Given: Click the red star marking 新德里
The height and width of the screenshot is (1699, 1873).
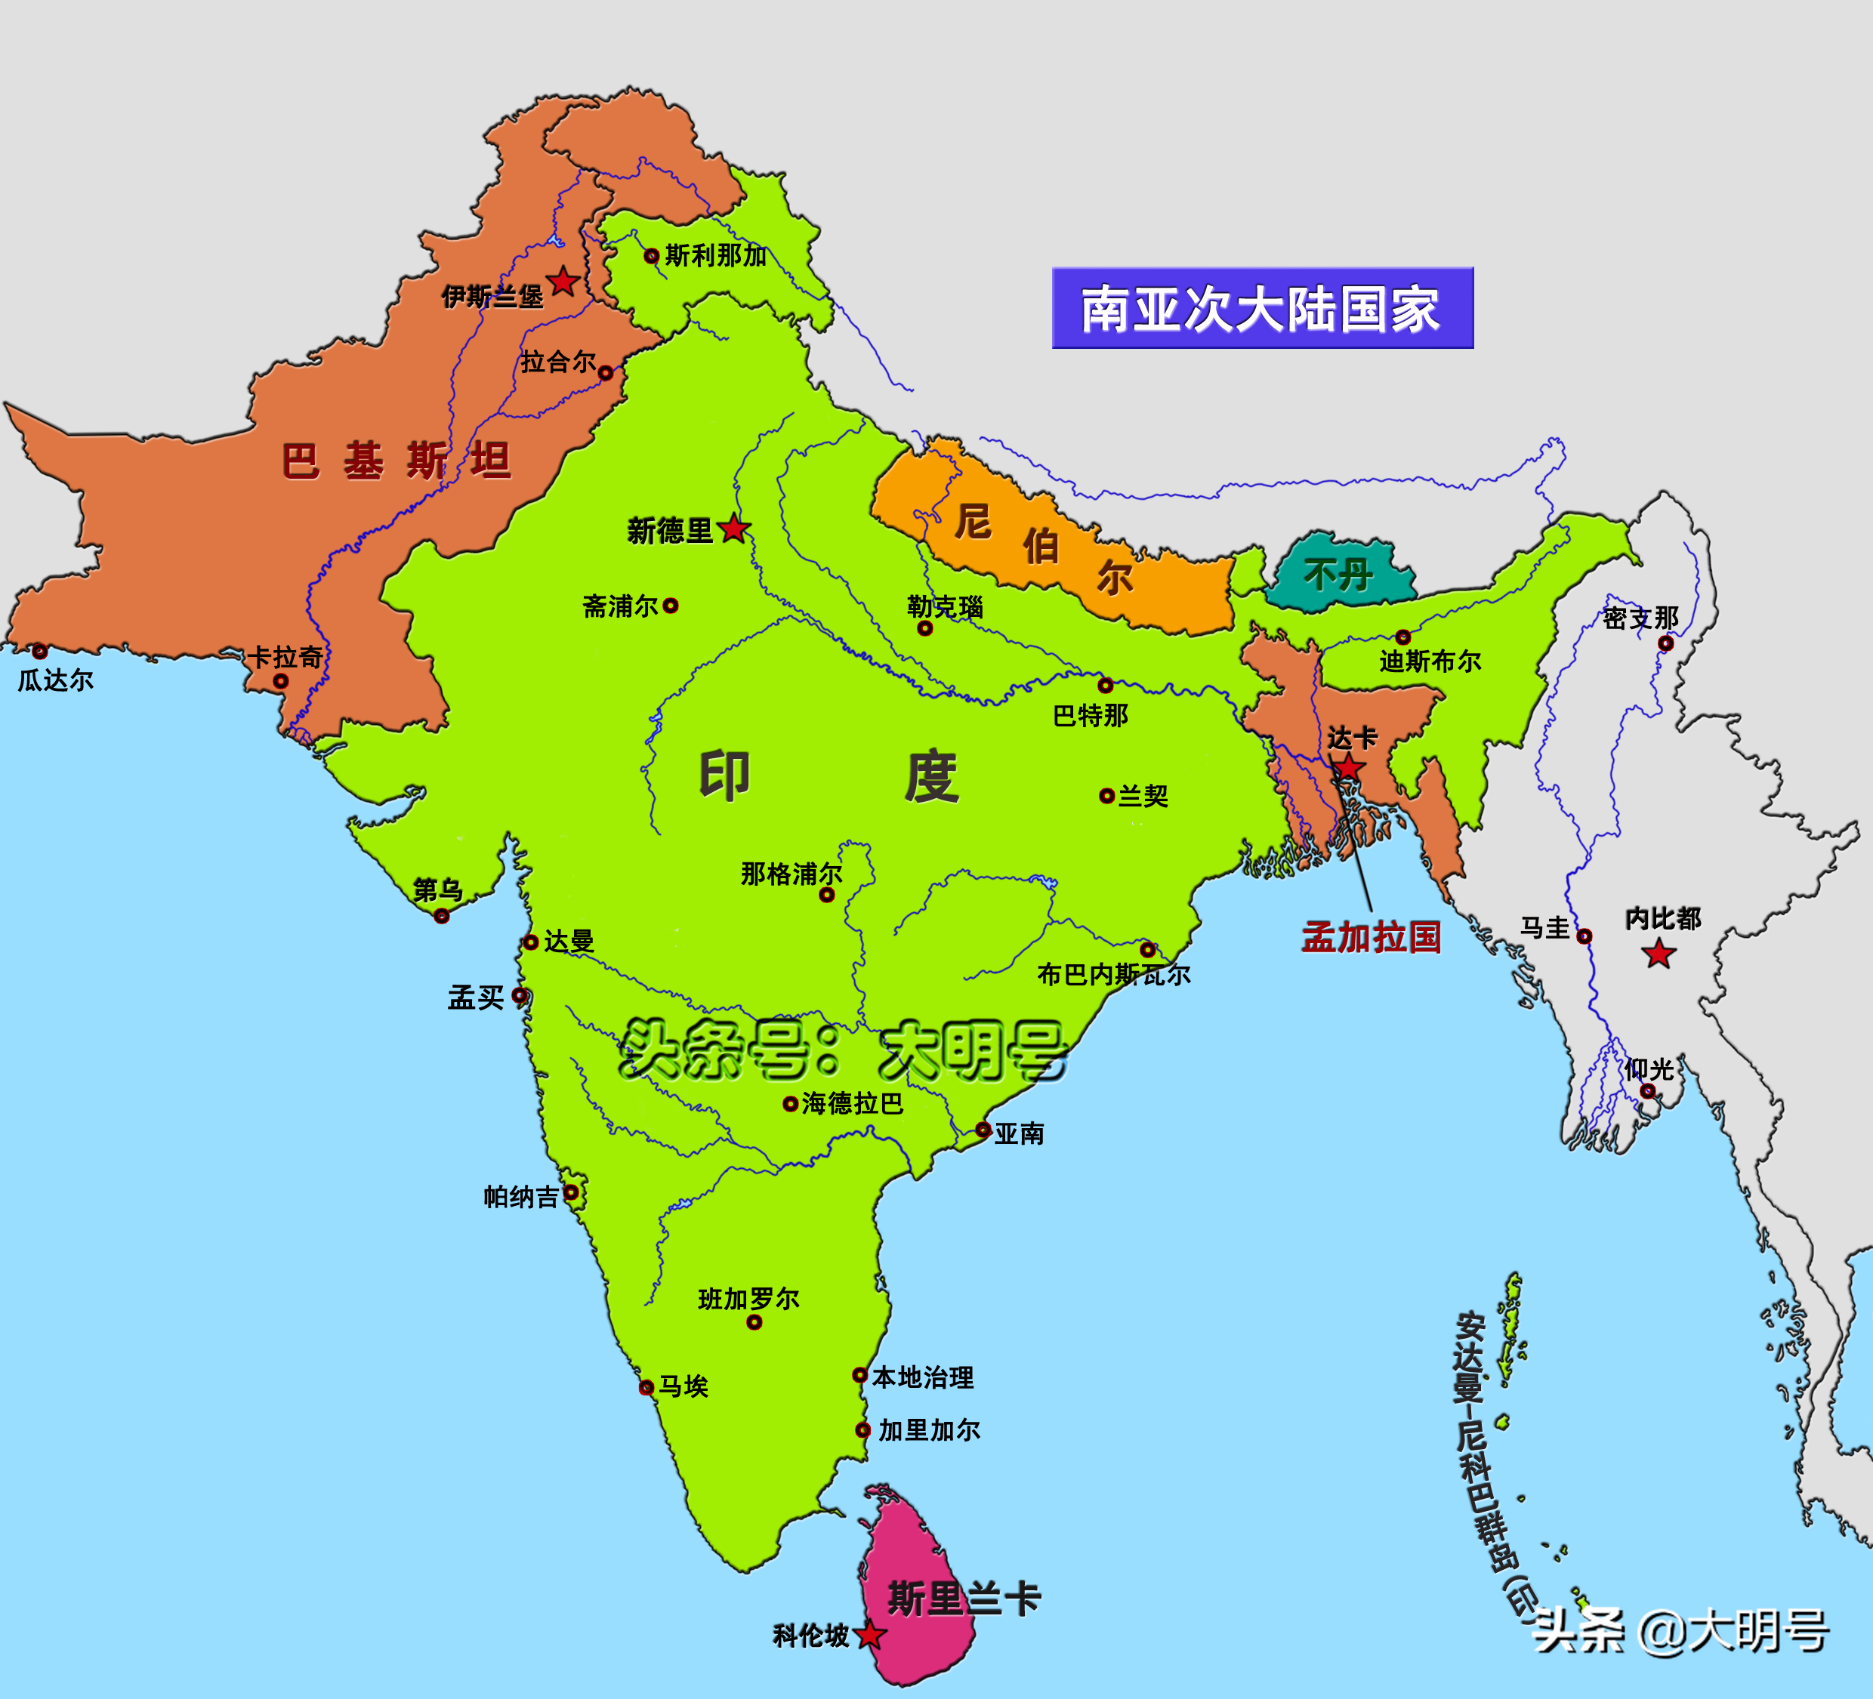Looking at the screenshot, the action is click(x=734, y=529).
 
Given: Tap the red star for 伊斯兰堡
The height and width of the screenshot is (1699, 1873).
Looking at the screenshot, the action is click(x=563, y=281).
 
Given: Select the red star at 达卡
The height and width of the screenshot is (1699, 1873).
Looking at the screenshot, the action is click(x=1348, y=768).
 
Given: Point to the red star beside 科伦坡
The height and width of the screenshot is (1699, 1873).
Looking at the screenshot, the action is click(x=869, y=1636).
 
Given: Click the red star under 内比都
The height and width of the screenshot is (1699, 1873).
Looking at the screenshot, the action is click(x=1659, y=953).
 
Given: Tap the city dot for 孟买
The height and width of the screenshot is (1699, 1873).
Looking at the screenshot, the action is click(x=520, y=996).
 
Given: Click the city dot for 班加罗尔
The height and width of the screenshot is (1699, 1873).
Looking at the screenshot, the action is click(x=754, y=1322).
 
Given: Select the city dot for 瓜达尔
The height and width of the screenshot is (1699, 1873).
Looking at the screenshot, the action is click(x=40, y=651).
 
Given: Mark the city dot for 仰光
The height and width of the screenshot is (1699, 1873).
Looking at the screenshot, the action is click(x=1647, y=1090).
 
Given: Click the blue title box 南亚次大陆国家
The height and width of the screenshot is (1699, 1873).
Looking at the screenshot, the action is click(x=1262, y=308).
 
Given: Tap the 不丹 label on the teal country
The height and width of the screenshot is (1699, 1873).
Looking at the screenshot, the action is click(x=1338, y=575).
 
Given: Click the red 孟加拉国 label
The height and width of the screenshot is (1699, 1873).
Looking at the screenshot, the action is click(x=1370, y=937).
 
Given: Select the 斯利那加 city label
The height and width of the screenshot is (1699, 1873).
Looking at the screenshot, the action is click(x=715, y=254).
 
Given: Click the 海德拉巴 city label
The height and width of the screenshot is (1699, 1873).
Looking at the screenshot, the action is click(x=852, y=1102).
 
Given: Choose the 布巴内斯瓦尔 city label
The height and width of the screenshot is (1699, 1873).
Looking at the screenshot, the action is click(x=1113, y=974).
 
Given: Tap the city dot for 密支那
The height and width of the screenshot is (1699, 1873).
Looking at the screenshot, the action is click(x=1666, y=643).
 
